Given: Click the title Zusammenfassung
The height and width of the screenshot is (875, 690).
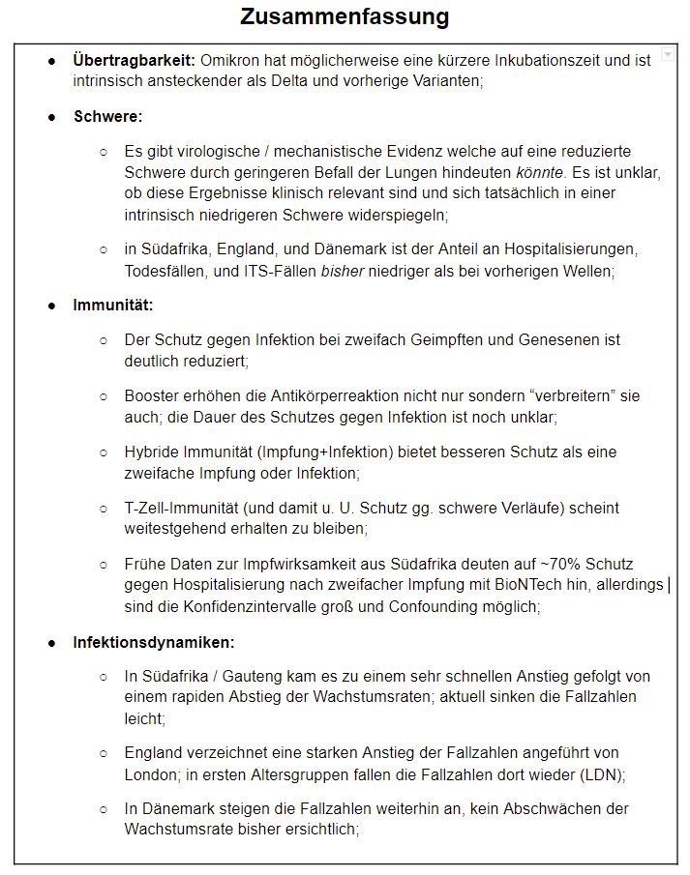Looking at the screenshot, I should [345, 16].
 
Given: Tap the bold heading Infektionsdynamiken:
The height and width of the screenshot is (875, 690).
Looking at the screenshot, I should [154, 642].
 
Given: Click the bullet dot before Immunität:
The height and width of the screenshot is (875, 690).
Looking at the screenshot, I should [52, 306].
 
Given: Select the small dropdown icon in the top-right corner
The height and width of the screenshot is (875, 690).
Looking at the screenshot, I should [668, 56].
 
